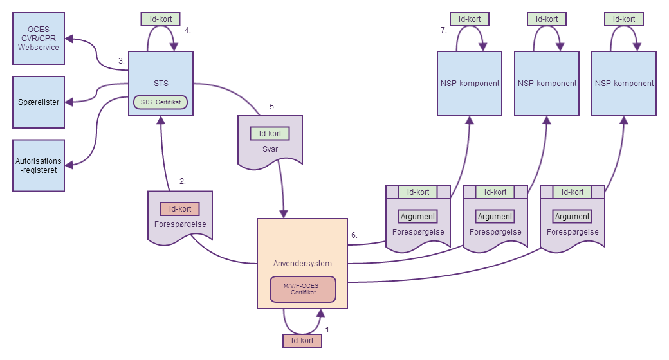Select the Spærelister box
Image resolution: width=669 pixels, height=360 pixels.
tap(39, 102)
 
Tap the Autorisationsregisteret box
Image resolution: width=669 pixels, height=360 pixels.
tap(39, 165)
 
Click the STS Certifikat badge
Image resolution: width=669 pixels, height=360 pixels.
tap(160, 102)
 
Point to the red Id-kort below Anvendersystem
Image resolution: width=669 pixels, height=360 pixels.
tap(302, 340)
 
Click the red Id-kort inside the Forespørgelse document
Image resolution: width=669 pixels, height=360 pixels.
tap(180, 209)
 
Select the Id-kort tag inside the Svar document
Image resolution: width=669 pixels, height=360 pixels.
tap(270, 134)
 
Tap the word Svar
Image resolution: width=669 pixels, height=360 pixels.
tap(270, 148)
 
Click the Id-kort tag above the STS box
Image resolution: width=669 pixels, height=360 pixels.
tap(161, 19)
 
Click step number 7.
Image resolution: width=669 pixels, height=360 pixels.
tap(444, 30)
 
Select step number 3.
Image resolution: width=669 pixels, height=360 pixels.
tap(121, 61)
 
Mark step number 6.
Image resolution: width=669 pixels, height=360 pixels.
tap(354, 235)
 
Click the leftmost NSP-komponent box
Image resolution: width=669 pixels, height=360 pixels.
tap(470, 84)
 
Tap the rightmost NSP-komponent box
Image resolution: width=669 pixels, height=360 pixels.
tap(624, 84)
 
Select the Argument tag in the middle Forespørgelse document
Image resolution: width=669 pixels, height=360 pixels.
tap(495, 217)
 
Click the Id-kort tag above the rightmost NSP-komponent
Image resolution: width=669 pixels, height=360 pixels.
tap(624, 19)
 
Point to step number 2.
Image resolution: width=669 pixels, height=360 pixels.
tap(183, 181)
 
